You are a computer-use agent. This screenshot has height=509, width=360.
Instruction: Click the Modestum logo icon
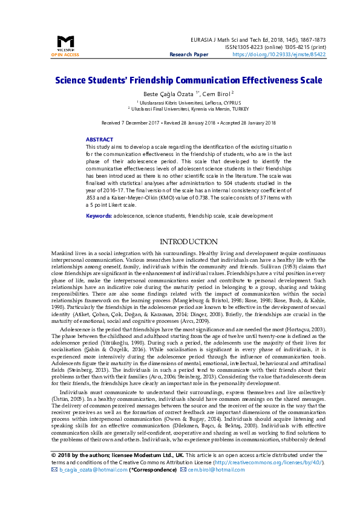pyautogui.click(x=65, y=42)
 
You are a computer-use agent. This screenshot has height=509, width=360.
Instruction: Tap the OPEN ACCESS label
pyautogui.click(x=65, y=55)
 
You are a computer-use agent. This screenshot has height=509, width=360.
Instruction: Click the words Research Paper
pyautogui.click(x=189, y=54)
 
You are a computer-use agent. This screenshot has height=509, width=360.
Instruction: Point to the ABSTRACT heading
pyautogui.click(x=99, y=139)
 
